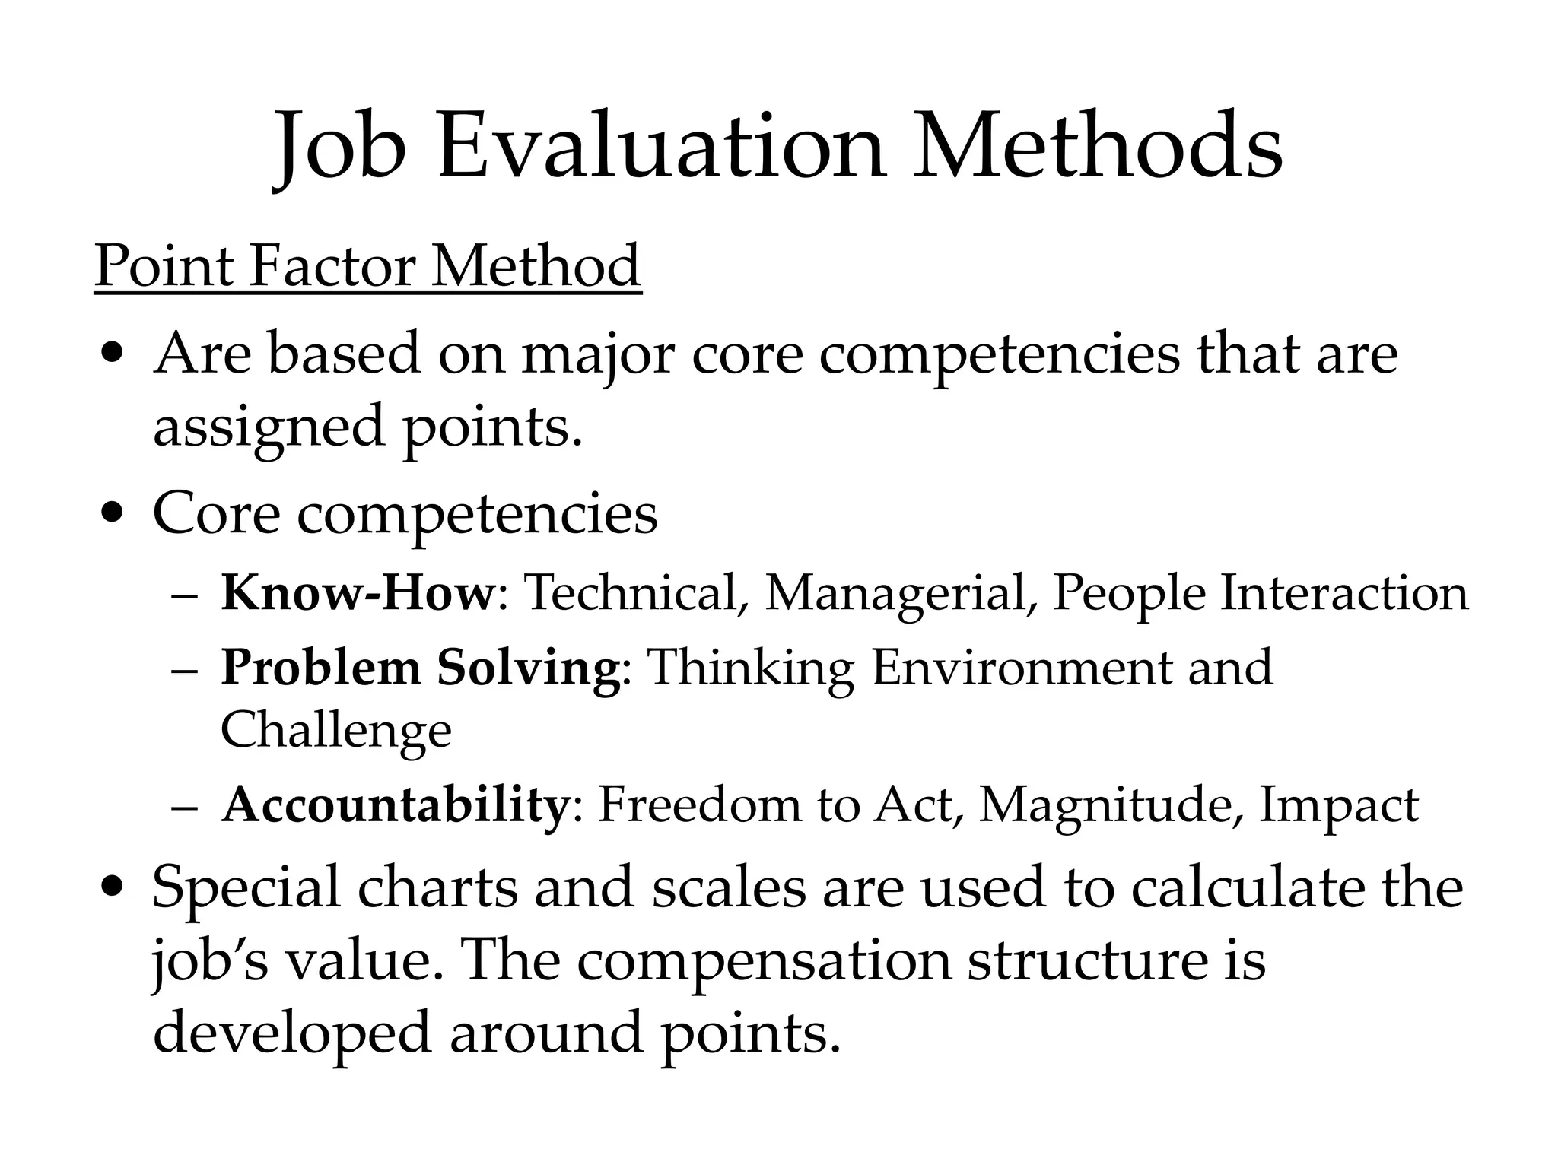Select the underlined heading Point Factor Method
point(367,266)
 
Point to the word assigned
point(269,427)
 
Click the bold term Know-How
point(358,593)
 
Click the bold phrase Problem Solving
point(421,668)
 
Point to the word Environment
point(1021,668)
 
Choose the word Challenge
point(335,730)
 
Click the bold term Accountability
point(394,805)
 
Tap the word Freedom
point(699,805)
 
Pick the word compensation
point(764,961)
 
